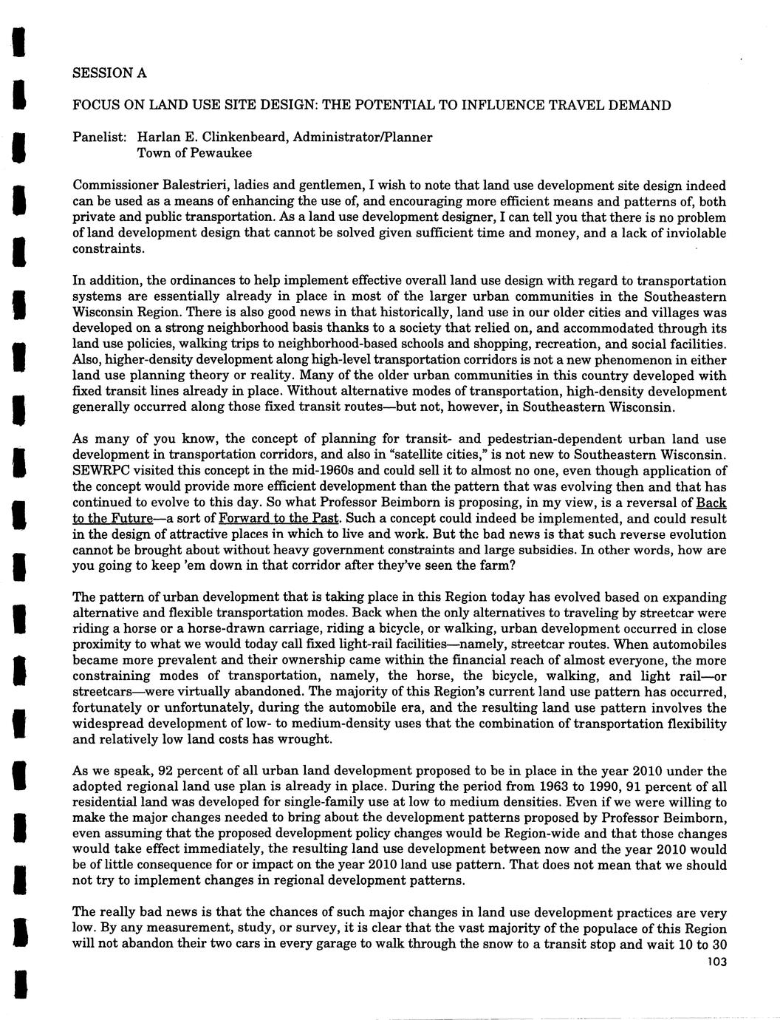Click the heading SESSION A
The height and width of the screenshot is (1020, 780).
point(109,73)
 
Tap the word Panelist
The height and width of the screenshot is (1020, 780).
point(99,137)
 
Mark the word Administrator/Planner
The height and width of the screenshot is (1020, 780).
point(371,137)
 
